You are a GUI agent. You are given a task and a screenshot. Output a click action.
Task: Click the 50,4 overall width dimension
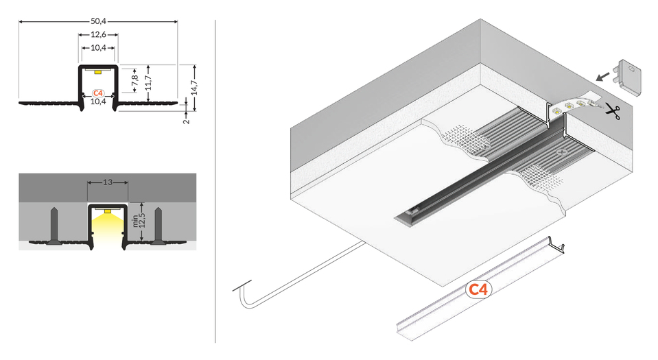click(99, 17)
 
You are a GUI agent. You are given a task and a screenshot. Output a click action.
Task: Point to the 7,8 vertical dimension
click(135, 79)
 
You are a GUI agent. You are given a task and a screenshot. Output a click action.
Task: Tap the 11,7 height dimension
click(149, 82)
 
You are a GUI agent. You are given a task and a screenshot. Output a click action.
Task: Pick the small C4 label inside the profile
click(97, 93)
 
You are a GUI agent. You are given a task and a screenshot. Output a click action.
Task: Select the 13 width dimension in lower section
click(107, 182)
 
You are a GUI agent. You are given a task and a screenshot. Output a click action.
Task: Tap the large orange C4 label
click(478, 290)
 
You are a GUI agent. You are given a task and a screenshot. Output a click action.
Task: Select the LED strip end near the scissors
click(573, 105)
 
